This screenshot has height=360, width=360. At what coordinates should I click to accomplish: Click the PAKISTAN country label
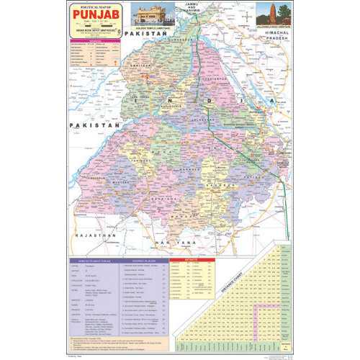[x=94, y=108]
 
